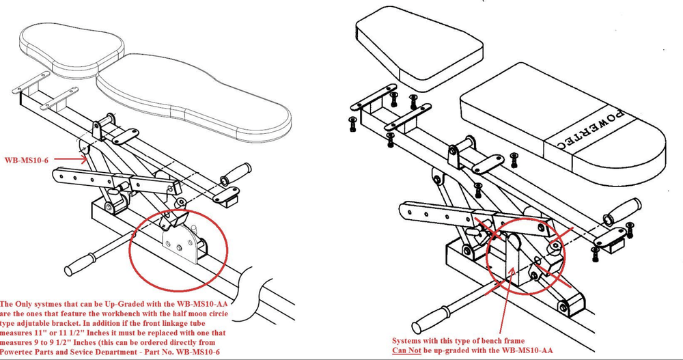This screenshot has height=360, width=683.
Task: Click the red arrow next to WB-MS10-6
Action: pyautogui.click(x=69, y=159)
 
